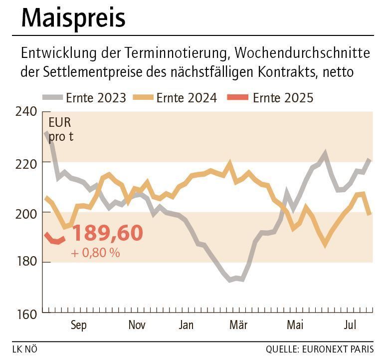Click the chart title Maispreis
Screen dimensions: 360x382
73,18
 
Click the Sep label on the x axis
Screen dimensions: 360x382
78,325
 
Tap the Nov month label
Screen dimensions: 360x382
137,325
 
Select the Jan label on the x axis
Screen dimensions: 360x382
186,325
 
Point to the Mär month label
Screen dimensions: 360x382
238,325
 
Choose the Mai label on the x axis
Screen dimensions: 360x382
295,325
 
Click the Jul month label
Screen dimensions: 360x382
351,325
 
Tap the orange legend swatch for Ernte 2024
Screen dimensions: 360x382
143,97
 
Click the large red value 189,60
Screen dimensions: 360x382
107,233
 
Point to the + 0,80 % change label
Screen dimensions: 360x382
95,253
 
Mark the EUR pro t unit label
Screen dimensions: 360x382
60,130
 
